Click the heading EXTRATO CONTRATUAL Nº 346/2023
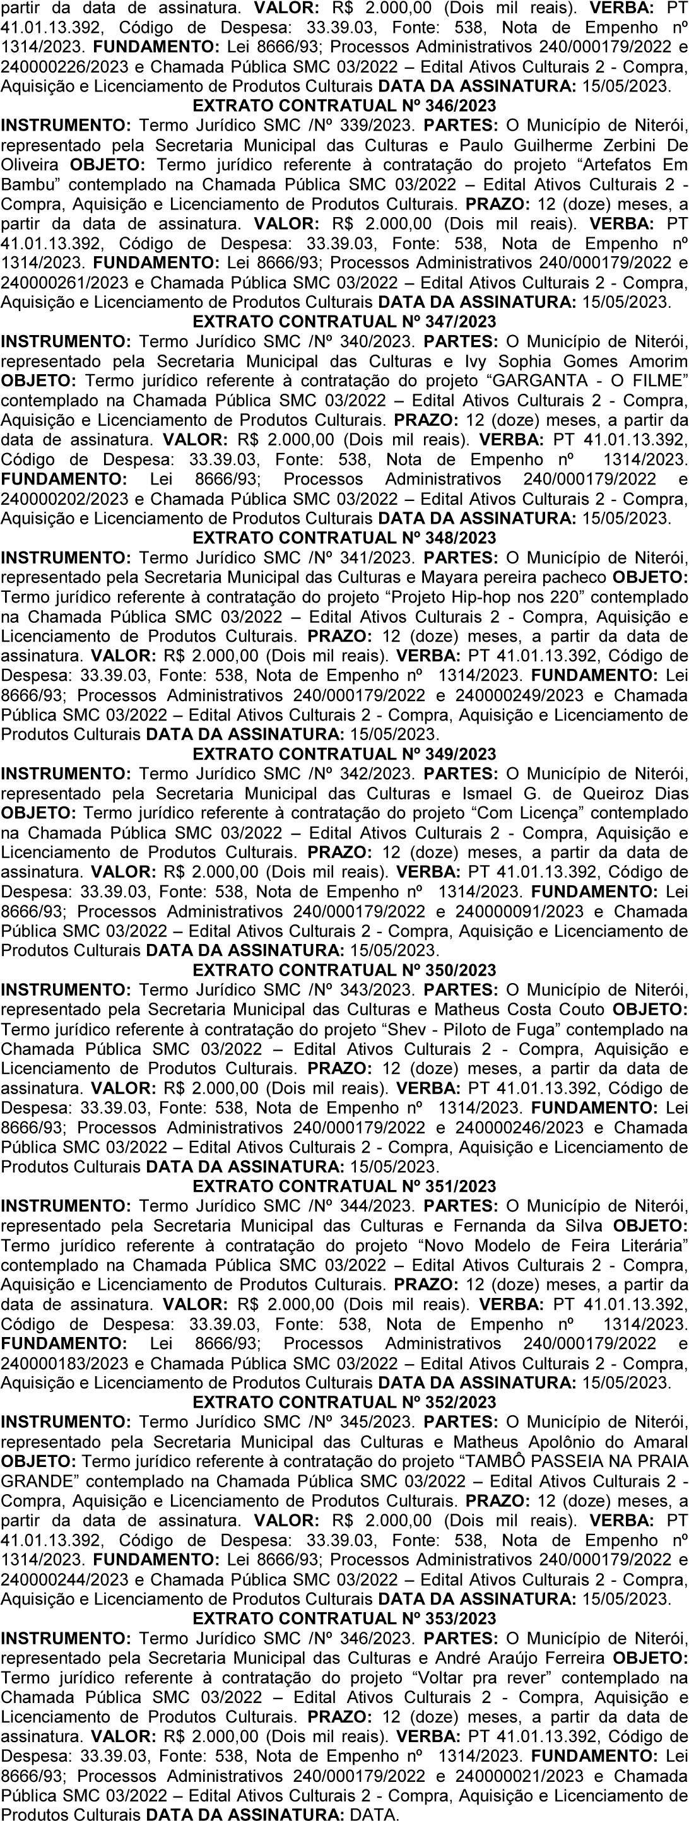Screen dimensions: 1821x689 pyautogui.click(x=344, y=106)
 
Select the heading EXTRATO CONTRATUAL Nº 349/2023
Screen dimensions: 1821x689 pyautogui.click(x=344, y=754)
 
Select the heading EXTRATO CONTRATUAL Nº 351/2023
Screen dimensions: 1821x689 pyautogui.click(x=344, y=1186)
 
